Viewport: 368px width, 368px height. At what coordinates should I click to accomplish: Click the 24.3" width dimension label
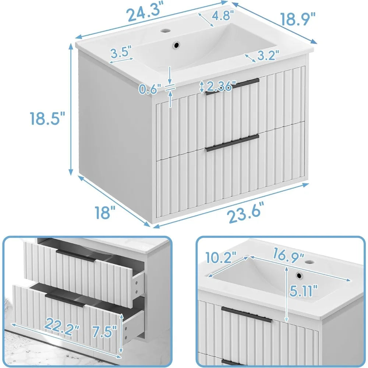pos(145,14)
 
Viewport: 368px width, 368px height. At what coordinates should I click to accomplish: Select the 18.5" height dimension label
pos(47,118)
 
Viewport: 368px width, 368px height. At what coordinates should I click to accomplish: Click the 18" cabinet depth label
pos(105,212)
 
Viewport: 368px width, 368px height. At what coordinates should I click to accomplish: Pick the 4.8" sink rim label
pos(223,16)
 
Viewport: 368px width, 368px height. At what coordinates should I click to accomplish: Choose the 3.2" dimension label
pos(268,56)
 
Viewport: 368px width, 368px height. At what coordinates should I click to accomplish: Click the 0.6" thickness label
pos(149,89)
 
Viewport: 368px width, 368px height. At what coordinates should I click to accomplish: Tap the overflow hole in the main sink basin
pos(176,45)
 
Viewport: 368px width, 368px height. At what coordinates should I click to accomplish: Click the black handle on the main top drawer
pos(233,86)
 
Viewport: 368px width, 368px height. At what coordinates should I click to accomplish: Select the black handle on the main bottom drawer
pos(232,143)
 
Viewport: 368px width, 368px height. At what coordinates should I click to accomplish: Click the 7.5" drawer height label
pos(105,331)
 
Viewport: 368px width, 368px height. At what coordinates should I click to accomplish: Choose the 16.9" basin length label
pos(289,254)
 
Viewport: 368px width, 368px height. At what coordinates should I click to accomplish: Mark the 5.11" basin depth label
pos(303,291)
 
